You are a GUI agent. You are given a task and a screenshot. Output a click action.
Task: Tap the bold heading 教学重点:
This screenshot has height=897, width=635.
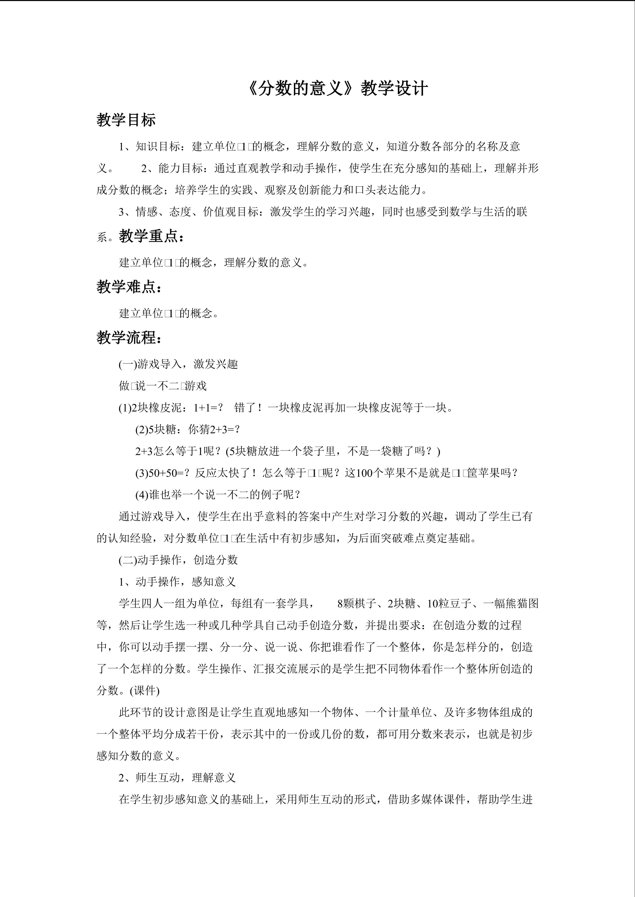tap(151, 236)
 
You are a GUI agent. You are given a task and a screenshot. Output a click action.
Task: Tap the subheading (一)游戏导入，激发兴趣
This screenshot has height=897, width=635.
tap(178, 364)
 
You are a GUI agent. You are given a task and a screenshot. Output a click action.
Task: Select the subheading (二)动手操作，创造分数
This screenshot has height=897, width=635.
tap(178, 560)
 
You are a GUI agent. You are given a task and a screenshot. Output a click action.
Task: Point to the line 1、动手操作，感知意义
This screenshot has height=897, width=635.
tap(177, 582)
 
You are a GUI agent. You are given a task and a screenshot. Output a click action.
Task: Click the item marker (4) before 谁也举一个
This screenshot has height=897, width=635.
tap(142, 495)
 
